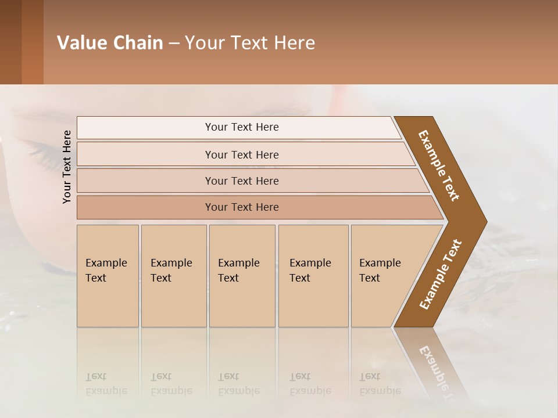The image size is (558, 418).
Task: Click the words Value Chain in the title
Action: pos(110,43)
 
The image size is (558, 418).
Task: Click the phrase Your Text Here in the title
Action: pos(250,43)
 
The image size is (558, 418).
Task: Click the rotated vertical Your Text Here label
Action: pos(67,167)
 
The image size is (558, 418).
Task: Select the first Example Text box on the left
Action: pos(108,276)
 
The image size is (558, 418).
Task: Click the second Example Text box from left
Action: pos(173,276)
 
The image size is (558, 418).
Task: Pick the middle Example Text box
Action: pos(242,276)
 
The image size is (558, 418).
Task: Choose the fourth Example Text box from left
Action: pos(313,276)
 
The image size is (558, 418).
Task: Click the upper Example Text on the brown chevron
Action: pos(439,165)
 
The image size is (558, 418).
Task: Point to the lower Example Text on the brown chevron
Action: pos(440,275)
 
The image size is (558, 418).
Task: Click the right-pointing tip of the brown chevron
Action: pos(482,221)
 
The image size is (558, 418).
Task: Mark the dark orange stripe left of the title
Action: pos(32,42)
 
